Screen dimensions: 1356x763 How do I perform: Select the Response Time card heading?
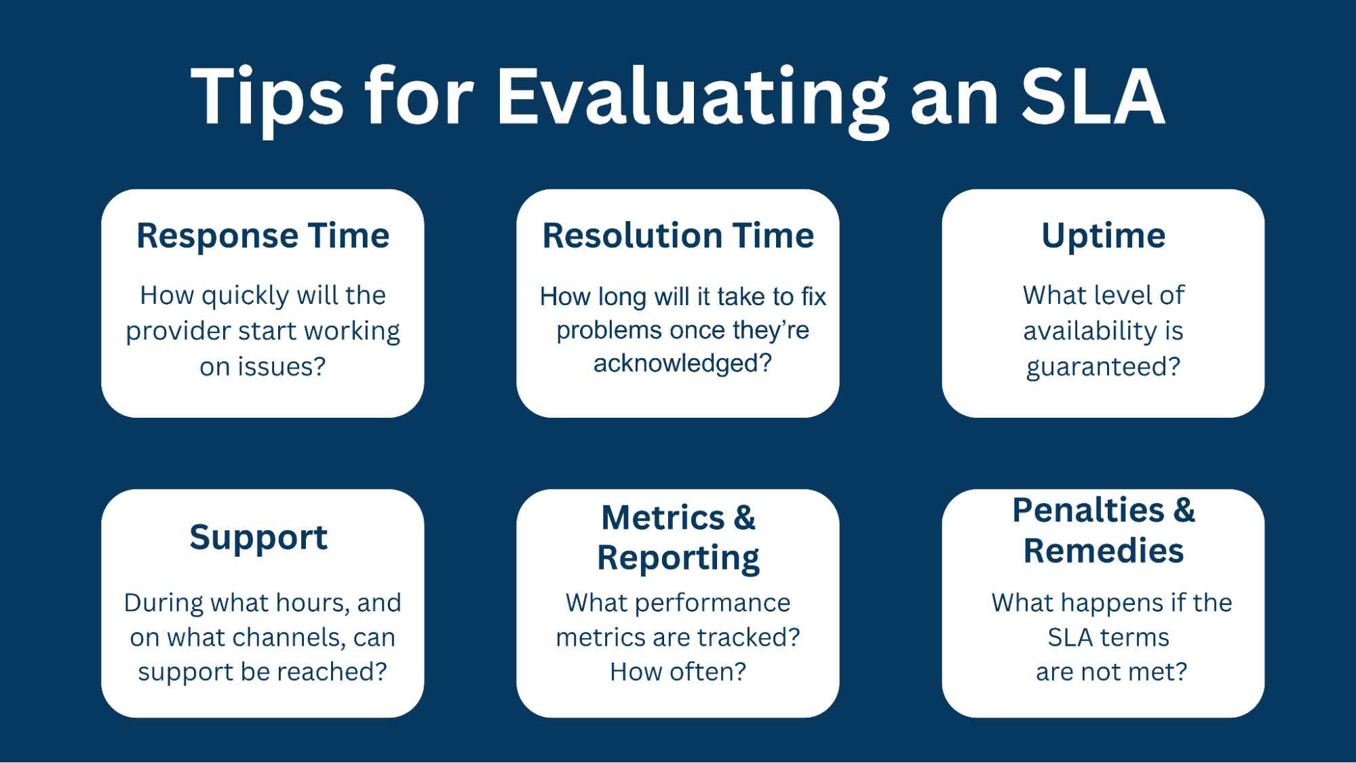263,236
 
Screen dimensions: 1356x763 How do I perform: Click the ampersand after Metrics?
744,517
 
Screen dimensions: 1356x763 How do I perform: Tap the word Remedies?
1104,550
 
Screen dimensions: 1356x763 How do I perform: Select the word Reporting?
678,558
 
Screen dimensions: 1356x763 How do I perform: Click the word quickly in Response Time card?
237,296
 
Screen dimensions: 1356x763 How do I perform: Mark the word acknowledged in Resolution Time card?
682,364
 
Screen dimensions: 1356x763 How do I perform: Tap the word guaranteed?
1103,368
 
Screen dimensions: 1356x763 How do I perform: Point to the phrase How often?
678,672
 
